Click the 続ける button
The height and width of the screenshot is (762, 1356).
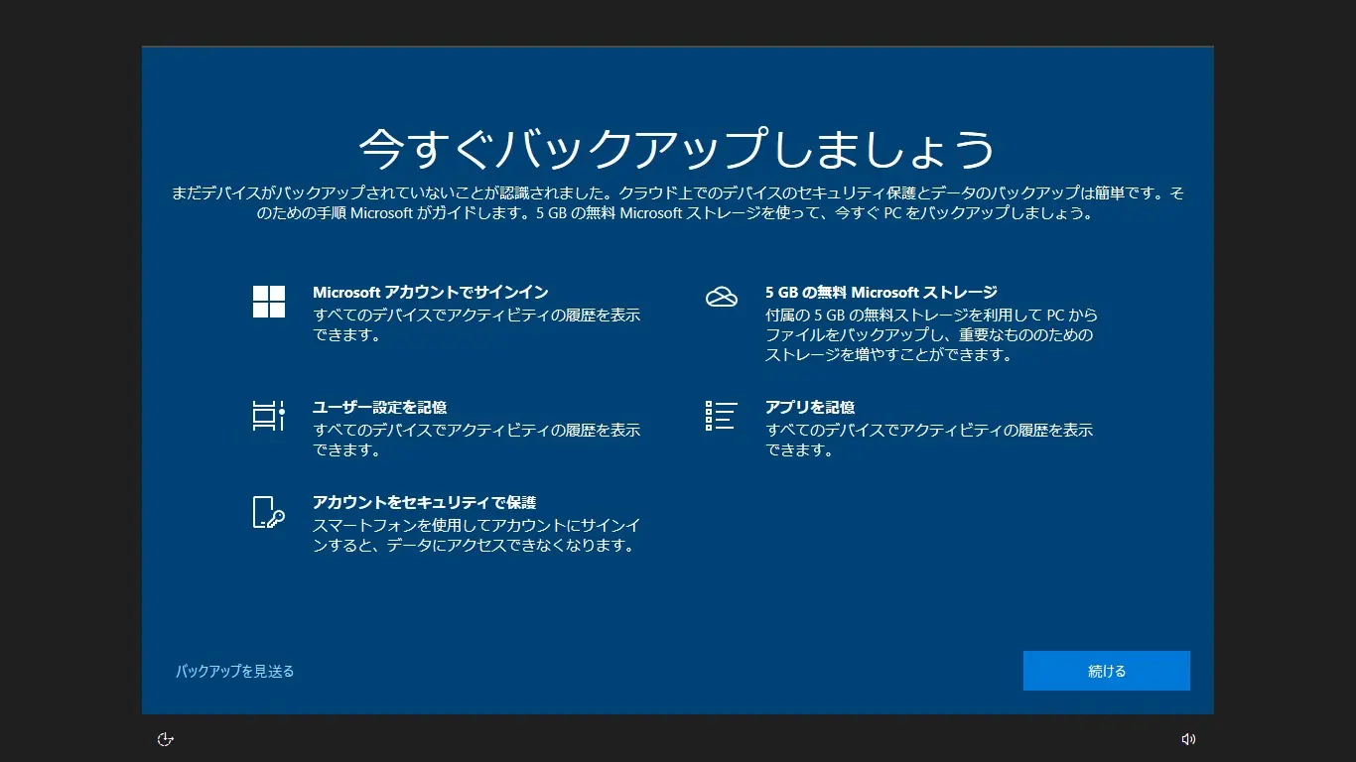pyautogui.click(x=1106, y=671)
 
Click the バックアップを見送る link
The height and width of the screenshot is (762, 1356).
pyautogui.click(x=235, y=672)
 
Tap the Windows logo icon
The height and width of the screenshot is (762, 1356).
pyautogui.click(x=269, y=302)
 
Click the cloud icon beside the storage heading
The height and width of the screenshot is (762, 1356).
pyautogui.click(x=722, y=297)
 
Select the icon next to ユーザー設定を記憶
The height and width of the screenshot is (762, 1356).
pyautogui.click(x=269, y=416)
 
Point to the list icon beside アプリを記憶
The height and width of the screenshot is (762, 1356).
pyautogui.click(x=722, y=416)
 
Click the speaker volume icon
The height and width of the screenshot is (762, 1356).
pyautogui.click(x=1188, y=739)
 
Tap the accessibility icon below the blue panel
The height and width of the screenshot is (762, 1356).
pyautogui.click(x=166, y=739)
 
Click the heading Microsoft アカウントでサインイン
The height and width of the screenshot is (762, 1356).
pyautogui.click(x=430, y=293)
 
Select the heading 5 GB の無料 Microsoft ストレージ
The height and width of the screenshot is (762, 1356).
pyautogui.click(x=881, y=293)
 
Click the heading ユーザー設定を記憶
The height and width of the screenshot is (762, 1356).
pyautogui.click(x=379, y=408)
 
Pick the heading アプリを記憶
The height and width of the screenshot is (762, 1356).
pyautogui.click(x=810, y=408)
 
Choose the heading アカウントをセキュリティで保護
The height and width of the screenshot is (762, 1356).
pyautogui.click(x=424, y=503)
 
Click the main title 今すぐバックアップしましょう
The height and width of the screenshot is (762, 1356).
pyautogui.click(x=677, y=149)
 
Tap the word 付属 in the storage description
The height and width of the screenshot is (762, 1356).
pyautogui.click(x=779, y=316)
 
